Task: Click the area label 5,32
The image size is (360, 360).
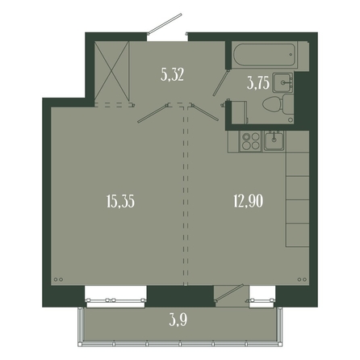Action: pos(172,75)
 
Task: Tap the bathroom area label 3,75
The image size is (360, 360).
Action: pos(258,83)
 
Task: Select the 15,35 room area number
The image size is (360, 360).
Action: pos(120,202)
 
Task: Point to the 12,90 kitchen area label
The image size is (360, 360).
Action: pos(249,202)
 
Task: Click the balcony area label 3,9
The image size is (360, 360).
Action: pos(178,320)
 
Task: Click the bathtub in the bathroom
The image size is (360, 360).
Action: pos(264,55)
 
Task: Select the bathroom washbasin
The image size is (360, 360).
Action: pos(283,82)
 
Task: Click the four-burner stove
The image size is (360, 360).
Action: pos(251,141)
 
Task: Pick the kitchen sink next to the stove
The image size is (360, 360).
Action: pos(274,140)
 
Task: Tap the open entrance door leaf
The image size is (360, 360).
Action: pos(165,23)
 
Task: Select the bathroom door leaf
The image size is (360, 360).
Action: pos(221,83)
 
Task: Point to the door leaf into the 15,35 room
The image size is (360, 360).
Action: pos(153,114)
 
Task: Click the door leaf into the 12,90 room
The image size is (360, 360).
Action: pos(205,111)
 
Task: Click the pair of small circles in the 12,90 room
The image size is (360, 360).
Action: pos(302,279)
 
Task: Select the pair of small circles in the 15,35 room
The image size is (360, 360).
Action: pos(58,279)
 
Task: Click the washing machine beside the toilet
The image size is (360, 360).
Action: pos(240,112)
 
